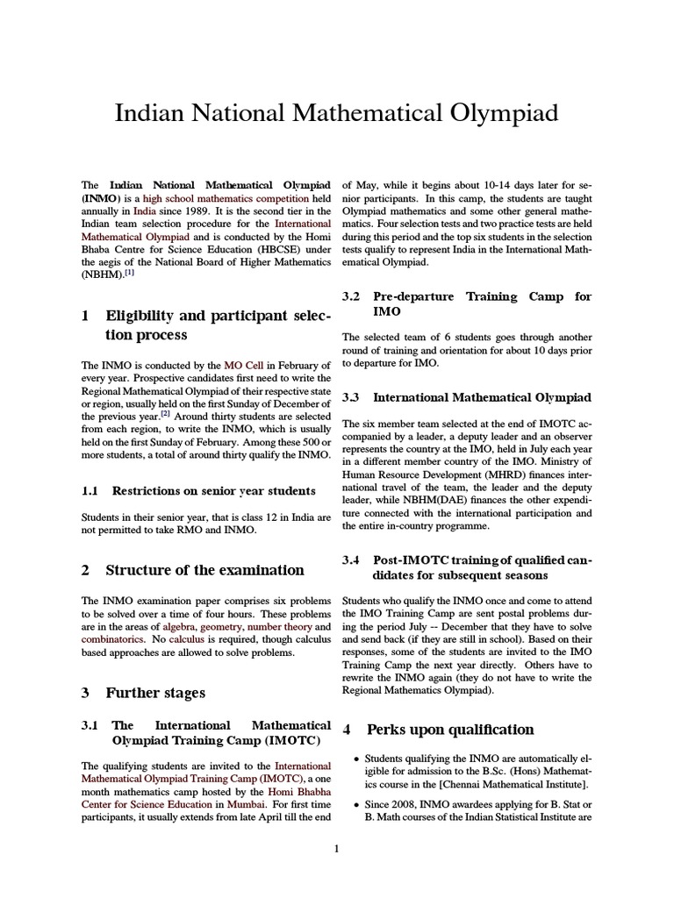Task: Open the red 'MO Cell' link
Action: click(x=241, y=365)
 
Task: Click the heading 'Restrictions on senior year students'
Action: click(x=211, y=491)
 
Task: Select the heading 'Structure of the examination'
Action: click(x=204, y=570)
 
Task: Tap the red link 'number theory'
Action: click(x=277, y=628)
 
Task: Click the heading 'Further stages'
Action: click(x=155, y=693)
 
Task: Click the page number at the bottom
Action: click(x=337, y=848)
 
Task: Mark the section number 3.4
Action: click(x=352, y=559)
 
